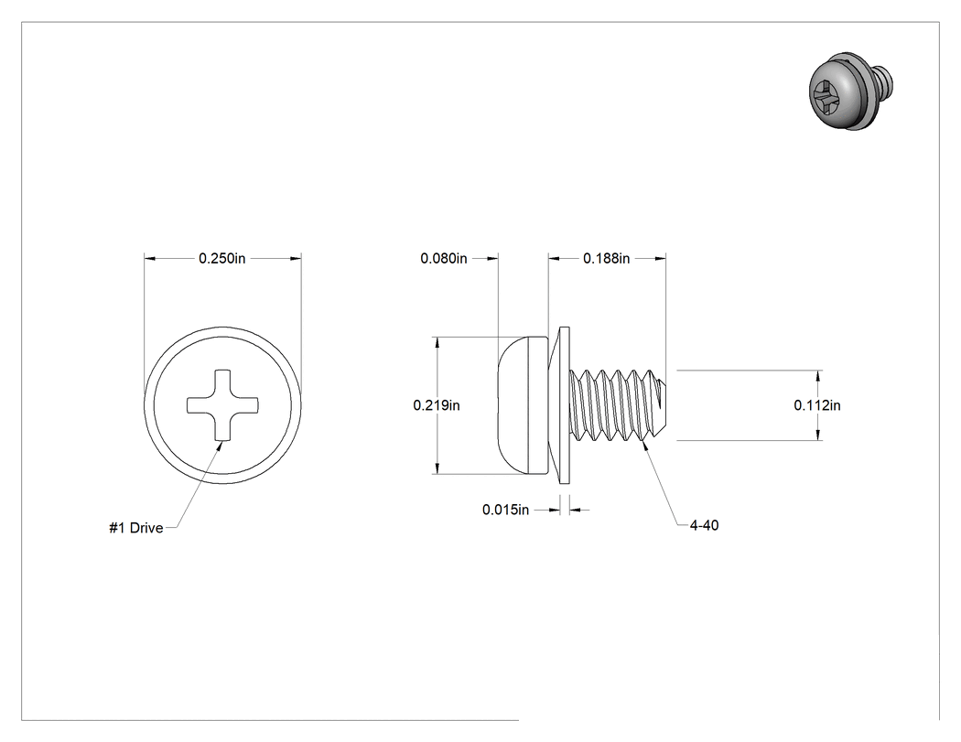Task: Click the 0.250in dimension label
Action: coord(221,259)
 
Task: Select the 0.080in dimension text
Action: coord(444,259)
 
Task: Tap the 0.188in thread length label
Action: coord(606,259)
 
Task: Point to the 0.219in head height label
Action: coord(437,405)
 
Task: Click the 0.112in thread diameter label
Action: coord(817,405)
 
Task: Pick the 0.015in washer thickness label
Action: coord(505,510)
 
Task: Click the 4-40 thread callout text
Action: coord(704,525)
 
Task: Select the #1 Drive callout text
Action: coord(136,528)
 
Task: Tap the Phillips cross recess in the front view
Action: coord(222,405)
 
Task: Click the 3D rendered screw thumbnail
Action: coord(850,91)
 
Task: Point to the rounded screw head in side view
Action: coord(523,405)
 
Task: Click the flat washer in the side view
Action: coord(565,405)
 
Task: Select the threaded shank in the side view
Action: coord(618,405)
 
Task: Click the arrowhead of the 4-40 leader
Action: coord(643,444)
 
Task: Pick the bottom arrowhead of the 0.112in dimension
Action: coord(819,435)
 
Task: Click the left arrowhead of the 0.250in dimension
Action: coord(150,259)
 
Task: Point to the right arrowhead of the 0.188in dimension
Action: coord(660,259)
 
